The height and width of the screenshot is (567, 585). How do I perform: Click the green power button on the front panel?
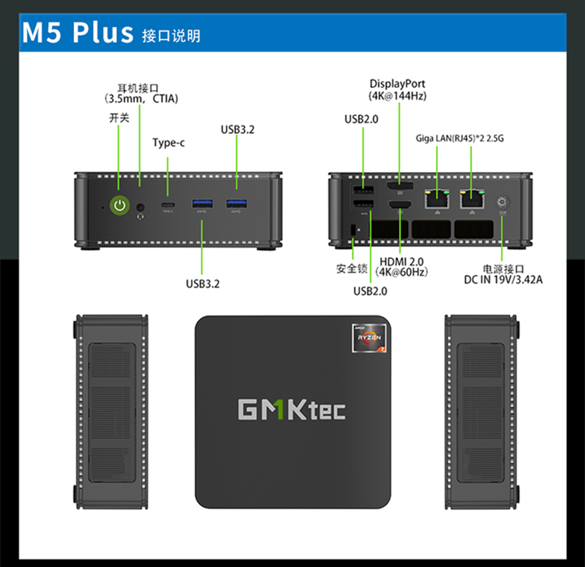coord(119,206)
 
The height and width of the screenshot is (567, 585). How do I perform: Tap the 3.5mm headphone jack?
coord(140,207)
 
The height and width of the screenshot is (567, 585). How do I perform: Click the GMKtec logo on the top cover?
coord(291,409)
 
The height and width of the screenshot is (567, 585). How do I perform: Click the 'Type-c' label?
coord(168,143)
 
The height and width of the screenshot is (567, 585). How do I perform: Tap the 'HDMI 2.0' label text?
coord(401,261)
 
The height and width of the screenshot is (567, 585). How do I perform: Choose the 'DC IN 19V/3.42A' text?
coord(502,278)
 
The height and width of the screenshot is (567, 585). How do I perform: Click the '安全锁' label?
coord(352,269)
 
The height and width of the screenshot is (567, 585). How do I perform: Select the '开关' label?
coord(119,117)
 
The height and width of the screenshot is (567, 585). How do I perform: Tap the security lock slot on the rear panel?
coord(354,229)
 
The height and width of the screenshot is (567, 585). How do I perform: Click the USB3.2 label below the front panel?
coord(203,283)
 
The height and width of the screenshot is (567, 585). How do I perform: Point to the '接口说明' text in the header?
coord(171,36)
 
